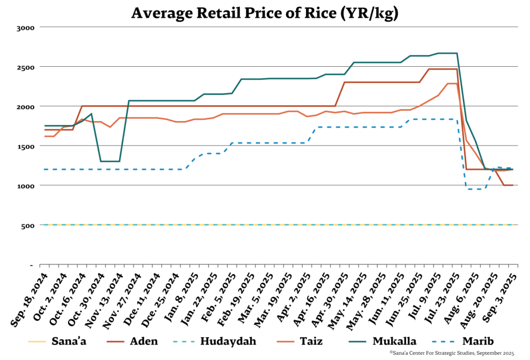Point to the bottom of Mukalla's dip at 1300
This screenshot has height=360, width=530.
(x=110, y=161)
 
